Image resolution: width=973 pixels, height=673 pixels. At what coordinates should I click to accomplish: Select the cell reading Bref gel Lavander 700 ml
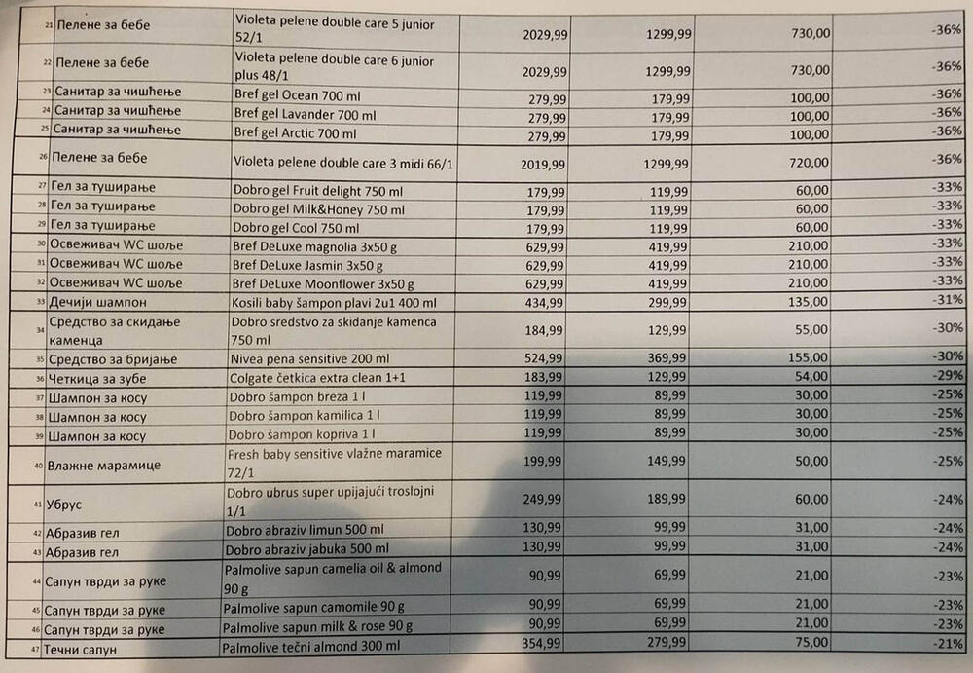(x=304, y=115)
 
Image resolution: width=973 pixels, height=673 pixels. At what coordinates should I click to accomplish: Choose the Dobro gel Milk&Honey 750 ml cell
(x=318, y=208)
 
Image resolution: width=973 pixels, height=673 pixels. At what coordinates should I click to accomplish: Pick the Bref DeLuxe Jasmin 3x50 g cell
(x=308, y=265)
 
